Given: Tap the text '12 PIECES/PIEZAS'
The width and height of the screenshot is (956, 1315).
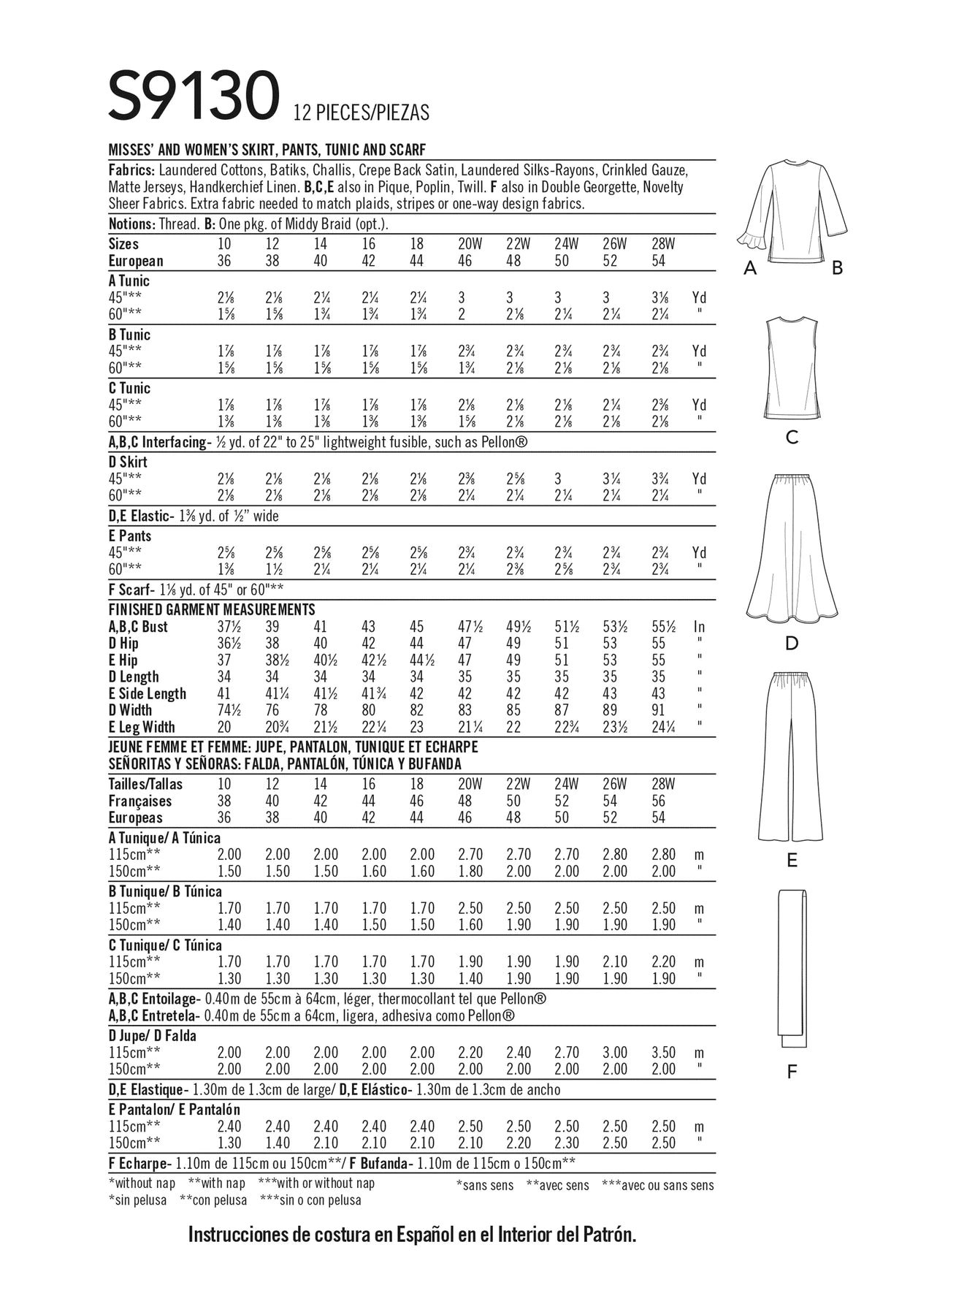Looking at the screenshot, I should pyautogui.click(x=361, y=113).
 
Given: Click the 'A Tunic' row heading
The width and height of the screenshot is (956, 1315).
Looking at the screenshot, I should pyautogui.click(x=129, y=281).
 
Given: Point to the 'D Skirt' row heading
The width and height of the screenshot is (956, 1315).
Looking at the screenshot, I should pyautogui.click(x=128, y=462).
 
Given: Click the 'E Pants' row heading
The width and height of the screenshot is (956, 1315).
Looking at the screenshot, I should pyautogui.click(x=129, y=535).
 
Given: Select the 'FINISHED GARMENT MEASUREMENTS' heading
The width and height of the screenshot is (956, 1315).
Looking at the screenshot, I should pyautogui.click(x=212, y=609).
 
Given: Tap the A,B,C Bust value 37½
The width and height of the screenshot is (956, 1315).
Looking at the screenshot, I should pyautogui.click(x=229, y=626).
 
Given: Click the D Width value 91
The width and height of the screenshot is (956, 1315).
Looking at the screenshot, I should pyautogui.click(x=658, y=710).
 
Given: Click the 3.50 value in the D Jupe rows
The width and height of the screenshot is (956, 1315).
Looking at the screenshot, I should pyautogui.click(x=663, y=1053).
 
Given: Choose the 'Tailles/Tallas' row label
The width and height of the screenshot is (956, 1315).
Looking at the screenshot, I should pyautogui.click(x=145, y=784).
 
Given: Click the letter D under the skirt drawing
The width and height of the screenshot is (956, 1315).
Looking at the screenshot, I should pyautogui.click(x=792, y=644).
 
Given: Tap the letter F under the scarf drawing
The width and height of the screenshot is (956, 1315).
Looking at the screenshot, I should pyautogui.click(x=792, y=1072).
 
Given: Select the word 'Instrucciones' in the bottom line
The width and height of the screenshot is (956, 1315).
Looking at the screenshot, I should pyautogui.click(x=234, y=1235).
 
